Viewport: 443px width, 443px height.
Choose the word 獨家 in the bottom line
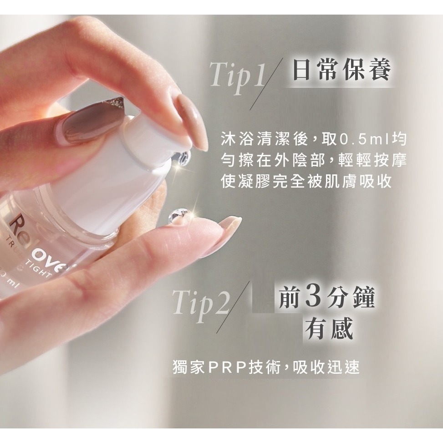(x=189, y=367)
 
